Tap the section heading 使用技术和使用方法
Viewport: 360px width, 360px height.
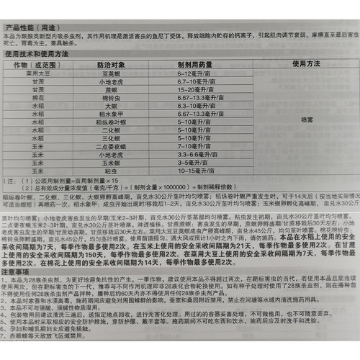point(38,55)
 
